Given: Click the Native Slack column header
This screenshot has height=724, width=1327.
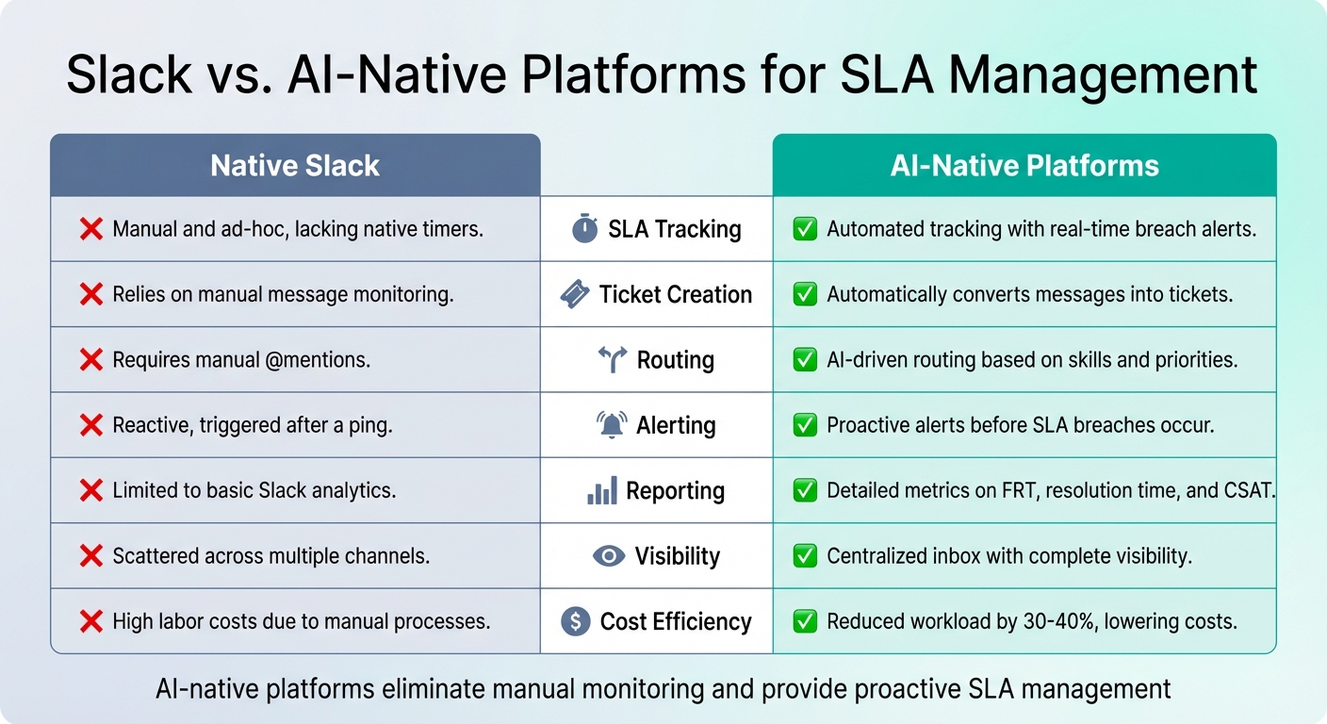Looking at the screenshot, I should click(295, 166).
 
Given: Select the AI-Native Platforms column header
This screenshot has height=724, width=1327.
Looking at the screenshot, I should click(1024, 166).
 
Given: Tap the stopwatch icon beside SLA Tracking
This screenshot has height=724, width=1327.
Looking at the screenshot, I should click(585, 229).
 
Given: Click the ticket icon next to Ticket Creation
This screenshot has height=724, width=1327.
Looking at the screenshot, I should click(575, 294).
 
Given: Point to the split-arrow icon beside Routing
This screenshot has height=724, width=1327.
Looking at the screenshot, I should click(613, 359).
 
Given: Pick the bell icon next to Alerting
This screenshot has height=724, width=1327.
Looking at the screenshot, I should click(612, 425).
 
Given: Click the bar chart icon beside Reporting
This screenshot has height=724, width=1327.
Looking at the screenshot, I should click(602, 490).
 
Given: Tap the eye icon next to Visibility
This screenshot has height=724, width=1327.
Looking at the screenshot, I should click(609, 556).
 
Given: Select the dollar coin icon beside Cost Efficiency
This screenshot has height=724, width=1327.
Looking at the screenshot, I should click(575, 621).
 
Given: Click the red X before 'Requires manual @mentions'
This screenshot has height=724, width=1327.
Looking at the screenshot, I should click(91, 359).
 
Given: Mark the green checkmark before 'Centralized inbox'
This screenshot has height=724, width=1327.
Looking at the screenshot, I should click(805, 556).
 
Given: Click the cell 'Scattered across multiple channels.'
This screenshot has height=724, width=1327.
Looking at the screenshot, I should click(270, 556).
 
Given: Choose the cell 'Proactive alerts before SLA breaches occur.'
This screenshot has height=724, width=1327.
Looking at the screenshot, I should click(1020, 425).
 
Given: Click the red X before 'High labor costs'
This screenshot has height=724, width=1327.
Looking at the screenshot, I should click(91, 621).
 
